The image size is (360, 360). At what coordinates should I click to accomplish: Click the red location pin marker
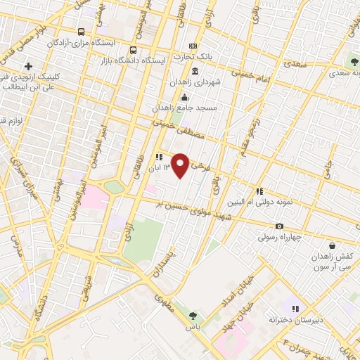point(181,165)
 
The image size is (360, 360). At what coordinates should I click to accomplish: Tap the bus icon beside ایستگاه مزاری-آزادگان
point(82,32)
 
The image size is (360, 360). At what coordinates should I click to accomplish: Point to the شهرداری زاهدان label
point(195,82)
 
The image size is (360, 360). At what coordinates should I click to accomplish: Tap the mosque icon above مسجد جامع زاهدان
point(184,97)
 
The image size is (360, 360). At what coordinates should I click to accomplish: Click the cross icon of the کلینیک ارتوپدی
point(27,66)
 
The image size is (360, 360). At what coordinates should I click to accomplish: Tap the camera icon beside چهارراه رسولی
point(280,226)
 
